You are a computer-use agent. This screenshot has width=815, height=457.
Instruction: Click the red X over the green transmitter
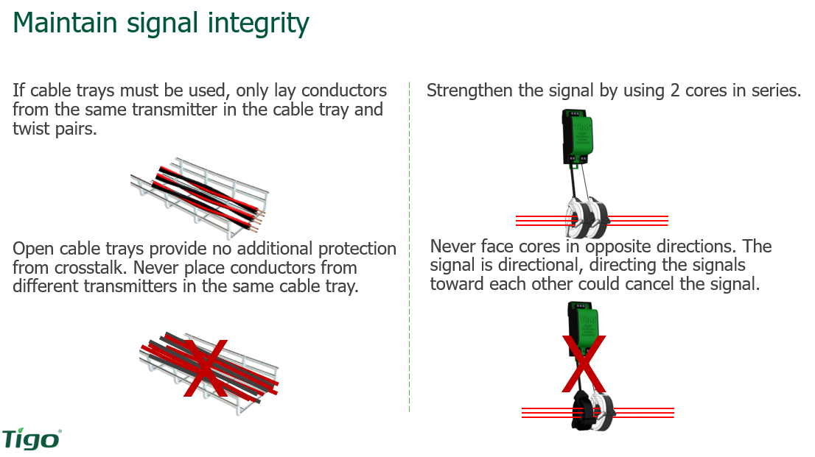coord(584,364)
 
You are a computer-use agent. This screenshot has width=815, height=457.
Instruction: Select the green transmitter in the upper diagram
coord(578,136)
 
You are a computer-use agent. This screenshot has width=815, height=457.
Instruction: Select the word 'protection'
coord(351,249)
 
